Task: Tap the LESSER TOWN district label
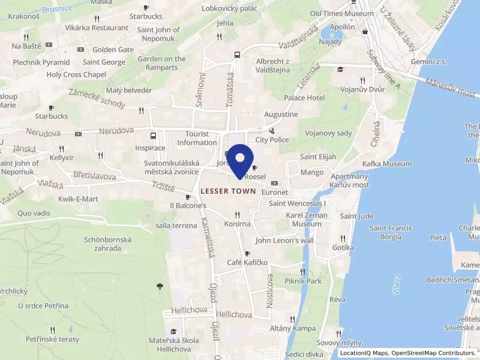(x=229, y=191)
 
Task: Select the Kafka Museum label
(x=387, y=164)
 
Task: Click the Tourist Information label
(x=197, y=138)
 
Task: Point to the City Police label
(x=272, y=140)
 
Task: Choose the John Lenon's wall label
(x=284, y=241)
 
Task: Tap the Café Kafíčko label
(x=247, y=263)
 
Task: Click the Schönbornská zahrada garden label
(x=108, y=243)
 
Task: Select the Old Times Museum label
(x=341, y=13)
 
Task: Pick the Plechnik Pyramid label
(x=42, y=62)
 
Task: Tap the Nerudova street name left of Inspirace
(x=116, y=130)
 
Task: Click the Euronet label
(x=275, y=192)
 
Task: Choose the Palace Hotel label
(x=304, y=98)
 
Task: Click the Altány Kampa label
(x=292, y=328)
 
